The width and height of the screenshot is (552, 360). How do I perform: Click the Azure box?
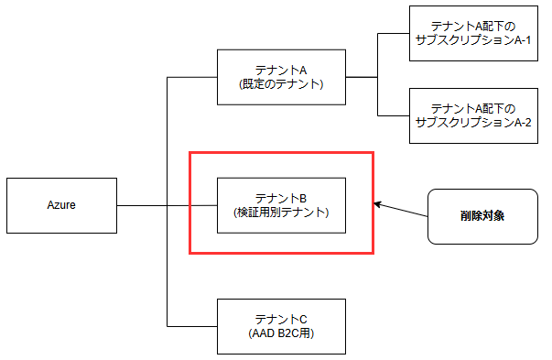point(61,205)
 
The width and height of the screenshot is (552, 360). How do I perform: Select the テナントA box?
point(281,77)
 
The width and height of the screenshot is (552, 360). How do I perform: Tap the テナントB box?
point(281,205)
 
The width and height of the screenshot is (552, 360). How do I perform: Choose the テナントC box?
point(281,326)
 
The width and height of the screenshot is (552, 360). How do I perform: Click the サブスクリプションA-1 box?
point(473,34)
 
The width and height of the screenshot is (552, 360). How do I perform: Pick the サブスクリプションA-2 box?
point(473,116)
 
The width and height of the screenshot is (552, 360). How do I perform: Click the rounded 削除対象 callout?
point(482,217)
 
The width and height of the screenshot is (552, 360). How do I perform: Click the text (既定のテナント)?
point(281,84)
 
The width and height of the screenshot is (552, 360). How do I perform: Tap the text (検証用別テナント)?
point(281,213)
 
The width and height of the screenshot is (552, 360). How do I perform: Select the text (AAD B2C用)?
point(281,333)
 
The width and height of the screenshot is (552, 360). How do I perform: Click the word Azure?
point(61,205)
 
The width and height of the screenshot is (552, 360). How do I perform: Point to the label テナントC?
point(281,319)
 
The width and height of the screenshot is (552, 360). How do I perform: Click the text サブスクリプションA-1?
point(473,41)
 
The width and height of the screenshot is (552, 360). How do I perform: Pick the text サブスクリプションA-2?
point(473,124)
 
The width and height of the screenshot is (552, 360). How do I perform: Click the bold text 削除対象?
point(482,217)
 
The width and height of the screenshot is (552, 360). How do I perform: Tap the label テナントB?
point(281,198)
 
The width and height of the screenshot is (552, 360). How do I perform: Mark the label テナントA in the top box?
point(281,70)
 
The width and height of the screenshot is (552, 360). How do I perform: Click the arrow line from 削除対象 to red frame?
point(403,210)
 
